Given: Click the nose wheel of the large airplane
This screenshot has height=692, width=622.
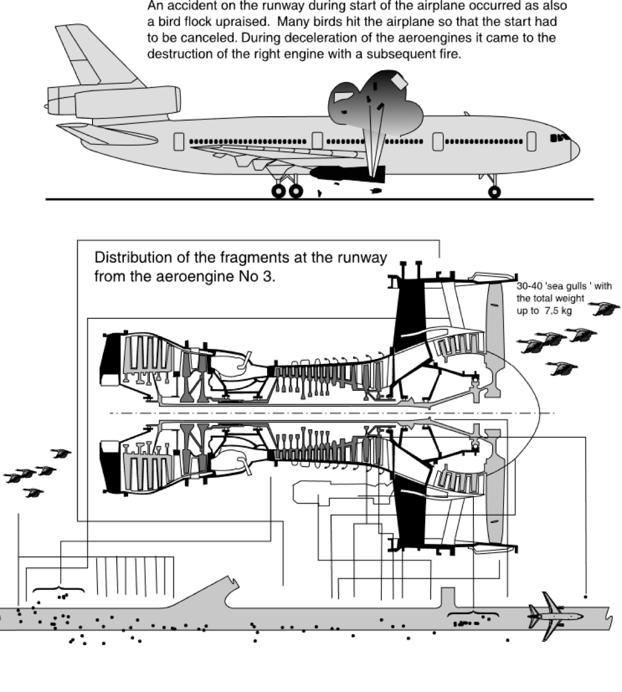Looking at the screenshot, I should point(494,191).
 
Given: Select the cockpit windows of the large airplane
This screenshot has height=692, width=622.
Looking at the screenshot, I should point(560,138).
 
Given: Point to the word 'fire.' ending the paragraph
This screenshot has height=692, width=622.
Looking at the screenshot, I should point(448,55).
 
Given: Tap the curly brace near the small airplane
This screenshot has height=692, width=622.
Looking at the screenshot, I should point(473,614).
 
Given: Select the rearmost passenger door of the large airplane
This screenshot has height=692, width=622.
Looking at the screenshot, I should point(180,141).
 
